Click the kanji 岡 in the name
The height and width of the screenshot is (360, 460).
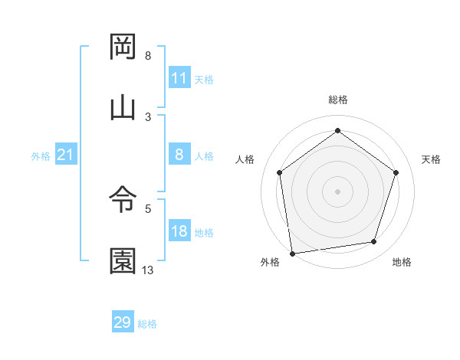click(x=123, y=47)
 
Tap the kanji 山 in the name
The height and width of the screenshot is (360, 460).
click(x=123, y=107)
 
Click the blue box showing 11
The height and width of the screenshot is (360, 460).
click(x=179, y=78)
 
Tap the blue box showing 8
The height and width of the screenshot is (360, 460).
click(x=179, y=155)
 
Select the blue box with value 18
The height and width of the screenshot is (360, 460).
click(x=179, y=232)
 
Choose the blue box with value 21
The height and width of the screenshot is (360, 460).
click(x=65, y=155)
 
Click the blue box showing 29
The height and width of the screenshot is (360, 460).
click(x=123, y=322)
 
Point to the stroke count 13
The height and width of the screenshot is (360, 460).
click(x=148, y=270)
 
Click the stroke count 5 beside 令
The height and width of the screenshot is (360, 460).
click(x=148, y=208)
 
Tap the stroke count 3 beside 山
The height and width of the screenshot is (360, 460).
click(x=148, y=116)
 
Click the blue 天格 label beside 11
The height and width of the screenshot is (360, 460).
click(x=204, y=79)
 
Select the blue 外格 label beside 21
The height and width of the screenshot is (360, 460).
click(x=41, y=156)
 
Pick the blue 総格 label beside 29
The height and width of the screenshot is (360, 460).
click(x=148, y=324)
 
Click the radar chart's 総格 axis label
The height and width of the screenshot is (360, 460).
click(x=337, y=100)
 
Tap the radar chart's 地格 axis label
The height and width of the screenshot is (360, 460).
click(x=402, y=263)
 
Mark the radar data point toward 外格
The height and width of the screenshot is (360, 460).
click(x=291, y=253)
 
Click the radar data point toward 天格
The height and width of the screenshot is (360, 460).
click(x=396, y=172)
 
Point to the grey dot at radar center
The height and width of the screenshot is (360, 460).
click(x=337, y=191)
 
